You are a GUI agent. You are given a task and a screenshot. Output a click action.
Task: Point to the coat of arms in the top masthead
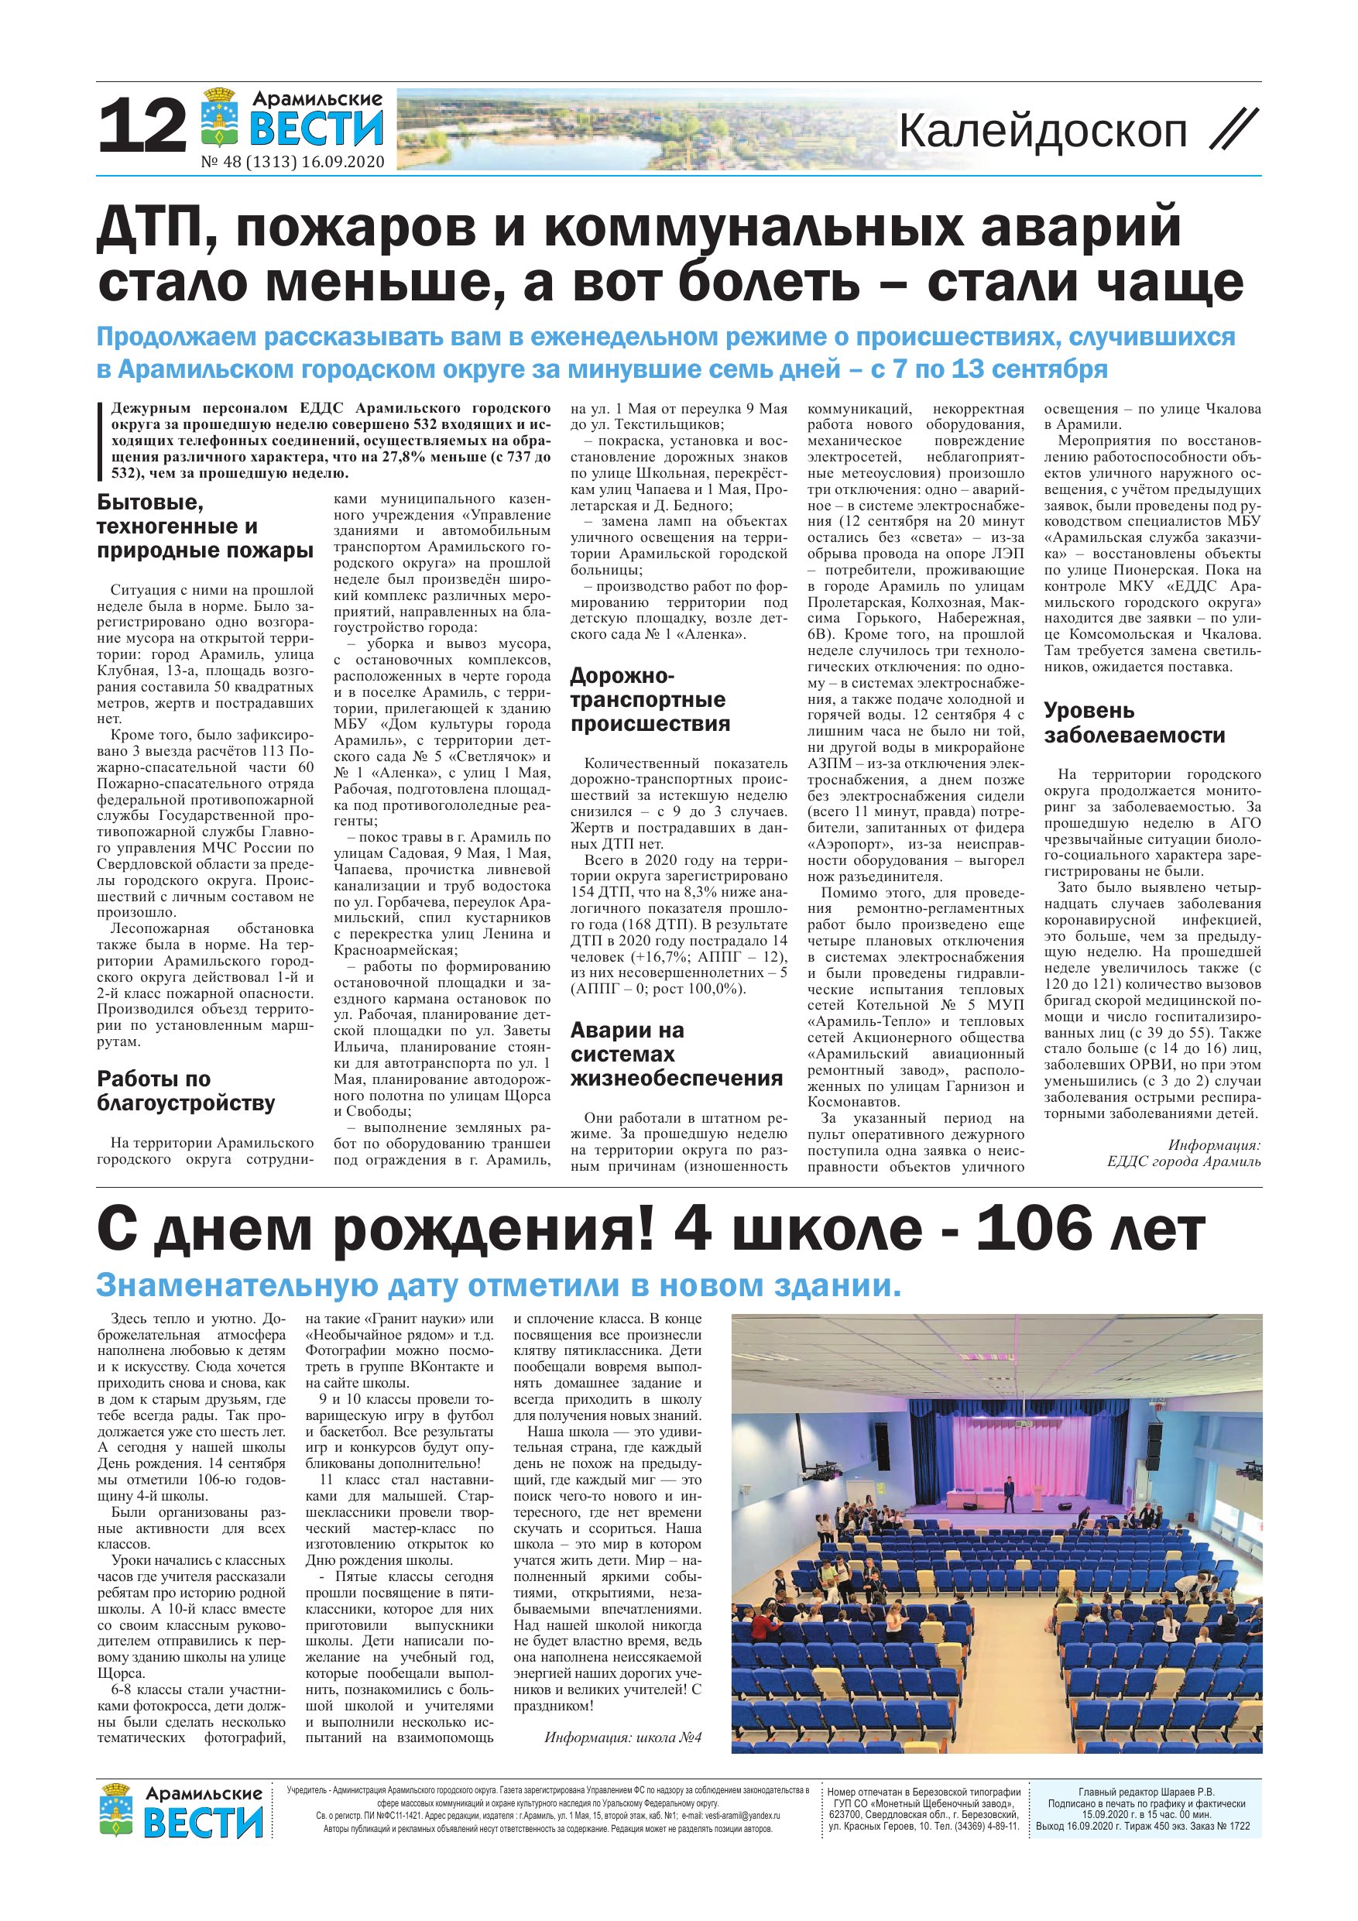click(220, 121)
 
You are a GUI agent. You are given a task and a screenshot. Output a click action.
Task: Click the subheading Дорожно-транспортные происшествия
click(649, 699)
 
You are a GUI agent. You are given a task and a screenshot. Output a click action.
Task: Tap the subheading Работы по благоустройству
click(186, 1091)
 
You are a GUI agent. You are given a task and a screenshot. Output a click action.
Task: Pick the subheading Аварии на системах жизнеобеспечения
click(676, 1055)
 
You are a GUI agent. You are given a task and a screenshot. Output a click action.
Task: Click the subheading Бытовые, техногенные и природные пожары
click(205, 527)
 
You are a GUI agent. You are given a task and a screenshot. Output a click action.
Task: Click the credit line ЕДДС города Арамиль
click(1183, 1161)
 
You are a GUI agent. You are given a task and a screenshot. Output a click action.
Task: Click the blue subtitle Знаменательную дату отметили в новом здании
click(499, 1285)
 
